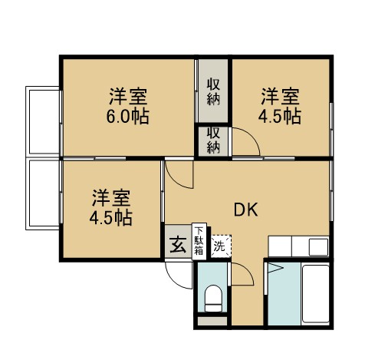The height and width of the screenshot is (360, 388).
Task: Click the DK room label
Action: (x=245, y=210)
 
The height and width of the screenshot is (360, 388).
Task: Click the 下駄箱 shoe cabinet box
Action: (x=199, y=241)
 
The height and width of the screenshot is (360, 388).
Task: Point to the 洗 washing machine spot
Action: (x=220, y=246)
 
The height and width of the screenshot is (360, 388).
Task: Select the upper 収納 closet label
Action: (x=214, y=91)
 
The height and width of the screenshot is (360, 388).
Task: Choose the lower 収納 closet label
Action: (x=214, y=140)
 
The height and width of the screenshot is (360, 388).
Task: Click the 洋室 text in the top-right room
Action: (x=279, y=97)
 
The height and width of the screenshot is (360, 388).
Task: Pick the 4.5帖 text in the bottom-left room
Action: (x=111, y=217)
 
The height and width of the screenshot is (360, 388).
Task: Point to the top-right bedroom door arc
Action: (x=247, y=141)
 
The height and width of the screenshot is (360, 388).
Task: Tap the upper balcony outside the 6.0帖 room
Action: (x=44, y=121)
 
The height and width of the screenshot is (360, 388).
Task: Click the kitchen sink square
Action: (x=317, y=247)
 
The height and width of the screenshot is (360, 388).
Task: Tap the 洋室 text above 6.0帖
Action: (x=127, y=97)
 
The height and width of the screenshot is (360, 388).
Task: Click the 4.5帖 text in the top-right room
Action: (x=279, y=117)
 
